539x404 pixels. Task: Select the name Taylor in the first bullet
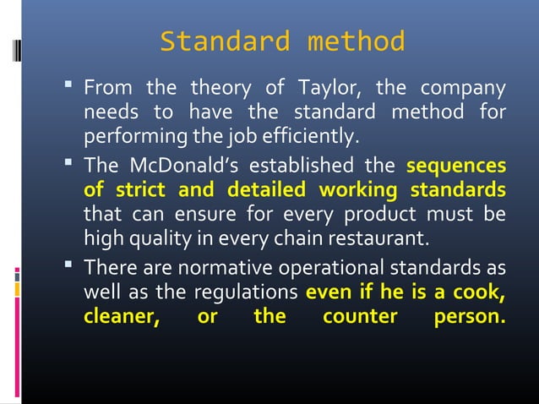pos(325,88)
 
